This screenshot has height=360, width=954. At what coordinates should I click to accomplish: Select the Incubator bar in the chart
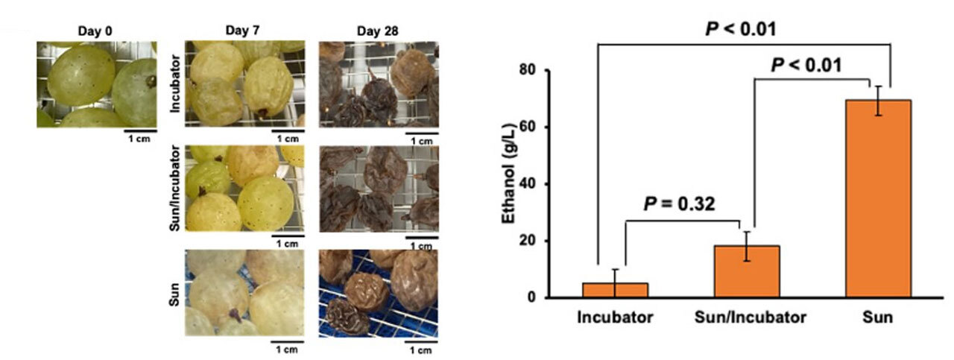click(615, 290)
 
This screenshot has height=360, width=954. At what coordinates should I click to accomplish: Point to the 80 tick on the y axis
click(530, 70)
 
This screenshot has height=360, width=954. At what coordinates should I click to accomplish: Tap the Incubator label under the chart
click(615, 318)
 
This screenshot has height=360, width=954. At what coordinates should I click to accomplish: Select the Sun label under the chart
click(877, 318)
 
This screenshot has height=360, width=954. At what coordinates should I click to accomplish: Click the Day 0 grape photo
click(95, 83)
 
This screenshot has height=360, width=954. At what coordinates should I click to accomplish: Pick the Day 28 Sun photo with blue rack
click(378, 293)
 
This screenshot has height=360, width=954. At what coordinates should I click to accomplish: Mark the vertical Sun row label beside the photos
click(174, 293)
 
